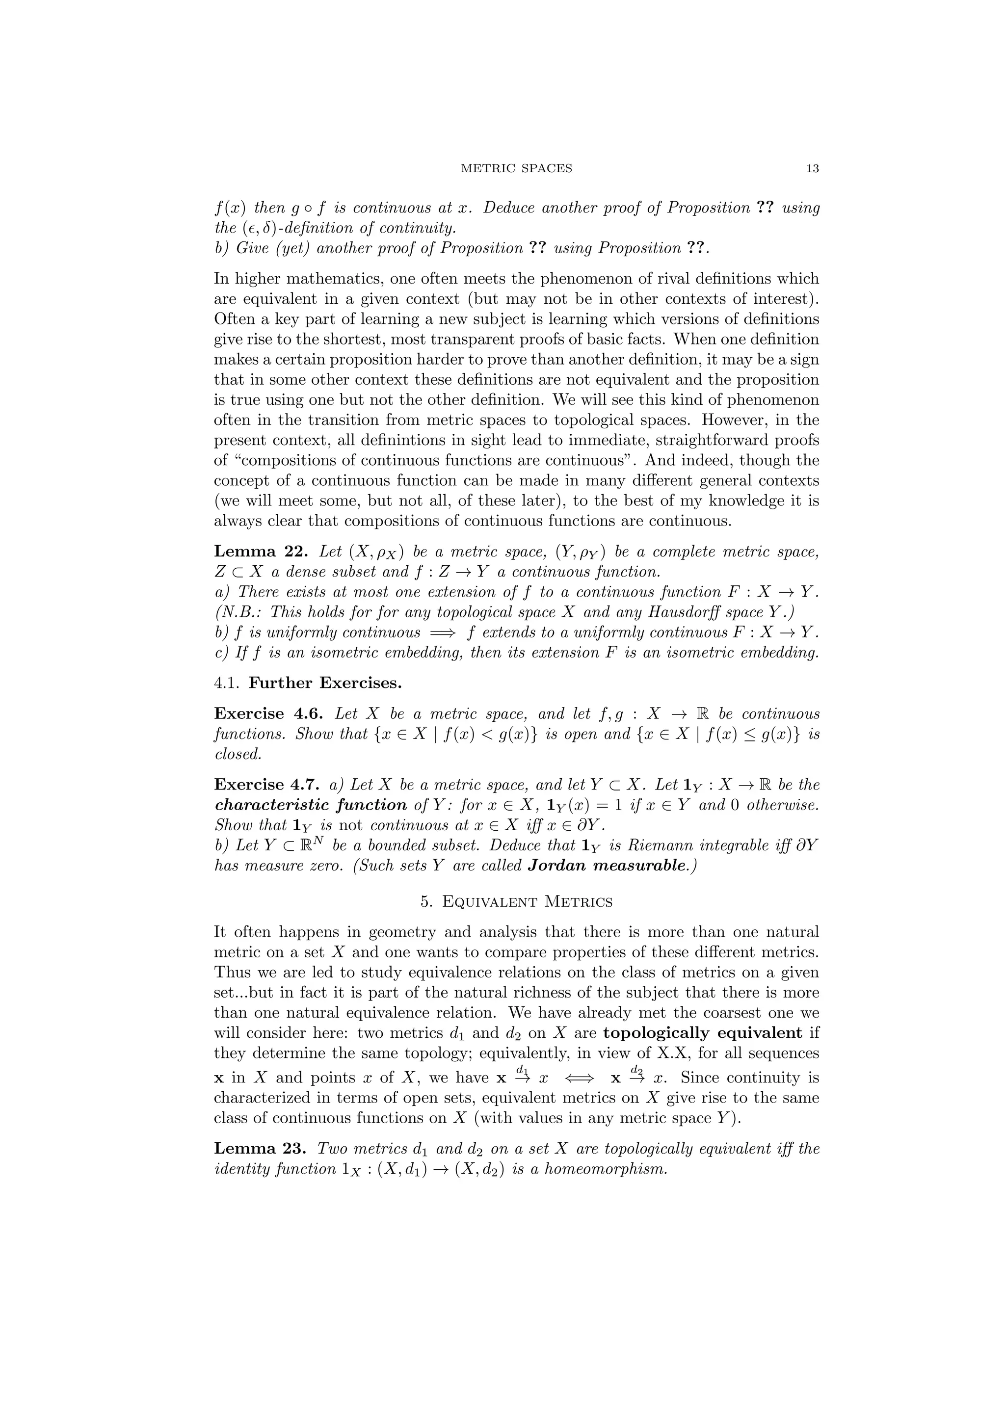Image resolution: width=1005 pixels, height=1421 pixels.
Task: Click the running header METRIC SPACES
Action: [x=517, y=168]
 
